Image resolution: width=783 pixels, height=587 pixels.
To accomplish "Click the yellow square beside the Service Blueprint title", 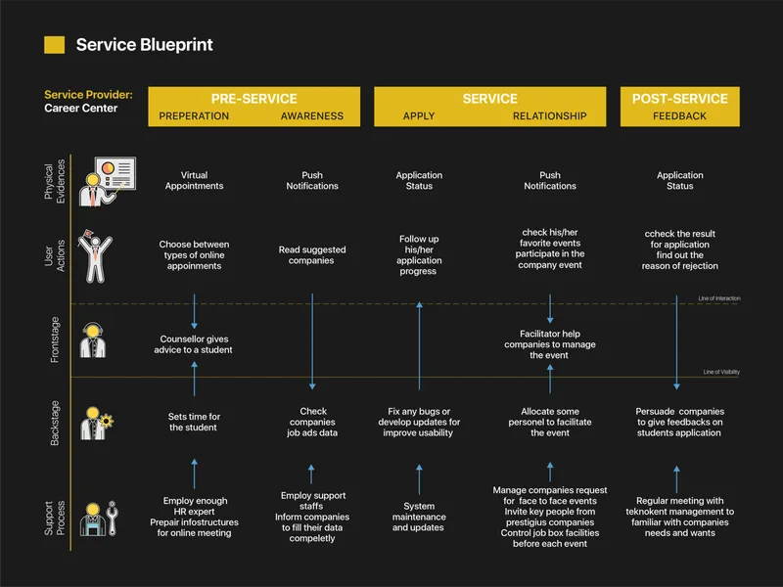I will point(55,45).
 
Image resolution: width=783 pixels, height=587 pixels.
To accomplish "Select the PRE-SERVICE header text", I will point(253,99).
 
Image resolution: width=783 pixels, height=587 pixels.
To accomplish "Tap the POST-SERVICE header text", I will point(680,99).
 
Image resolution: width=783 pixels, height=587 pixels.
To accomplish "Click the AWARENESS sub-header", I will point(312,116).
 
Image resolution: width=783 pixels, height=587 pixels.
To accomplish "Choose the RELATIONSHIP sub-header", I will point(550,116).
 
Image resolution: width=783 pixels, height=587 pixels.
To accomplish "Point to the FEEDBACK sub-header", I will point(680,116).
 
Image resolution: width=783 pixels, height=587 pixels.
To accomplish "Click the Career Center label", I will point(81,109).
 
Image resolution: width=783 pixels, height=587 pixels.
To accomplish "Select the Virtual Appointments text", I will point(194,181).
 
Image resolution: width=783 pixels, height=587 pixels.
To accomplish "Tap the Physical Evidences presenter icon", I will point(107,181).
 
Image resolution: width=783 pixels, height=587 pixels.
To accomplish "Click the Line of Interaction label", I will point(718,298).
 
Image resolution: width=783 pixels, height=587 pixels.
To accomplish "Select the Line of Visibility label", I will point(721,373).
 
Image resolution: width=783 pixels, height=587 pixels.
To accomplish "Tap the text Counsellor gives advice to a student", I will point(194,344).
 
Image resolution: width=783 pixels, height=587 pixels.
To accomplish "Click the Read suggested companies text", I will point(312,255).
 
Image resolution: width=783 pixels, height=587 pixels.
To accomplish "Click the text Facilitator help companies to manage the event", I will point(550,344).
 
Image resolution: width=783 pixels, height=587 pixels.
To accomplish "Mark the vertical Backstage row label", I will point(55,423).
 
